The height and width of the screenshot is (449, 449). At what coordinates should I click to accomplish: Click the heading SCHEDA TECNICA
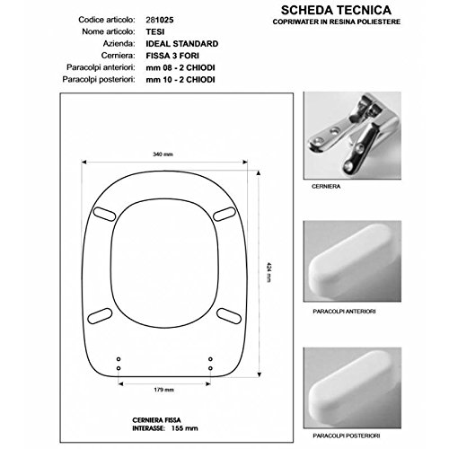pos(336,10)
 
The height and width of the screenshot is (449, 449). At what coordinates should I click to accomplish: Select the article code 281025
pos(160,20)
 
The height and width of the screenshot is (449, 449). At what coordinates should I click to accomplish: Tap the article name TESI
pos(155,31)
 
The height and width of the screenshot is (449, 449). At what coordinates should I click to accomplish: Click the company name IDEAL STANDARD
pos(182,44)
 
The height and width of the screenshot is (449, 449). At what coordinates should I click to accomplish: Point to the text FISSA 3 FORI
pos(172,56)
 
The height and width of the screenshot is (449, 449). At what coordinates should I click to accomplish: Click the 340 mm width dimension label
pos(163,154)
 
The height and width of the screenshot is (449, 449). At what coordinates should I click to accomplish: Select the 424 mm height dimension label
pos(269,272)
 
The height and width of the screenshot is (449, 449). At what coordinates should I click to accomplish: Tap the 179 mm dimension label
pos(164,390)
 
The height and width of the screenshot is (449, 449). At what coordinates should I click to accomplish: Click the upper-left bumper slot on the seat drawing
pos(104,214)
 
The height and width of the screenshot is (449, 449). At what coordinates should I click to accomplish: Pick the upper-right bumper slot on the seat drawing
pos(224,214)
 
